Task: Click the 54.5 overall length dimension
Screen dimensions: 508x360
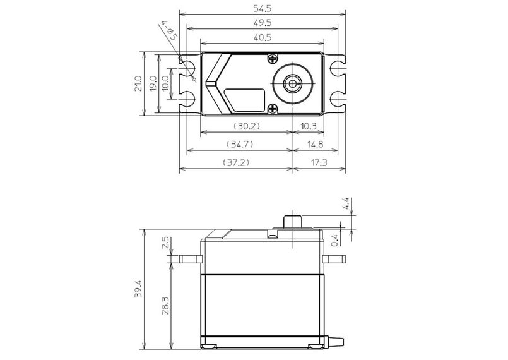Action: [x=262, y=8]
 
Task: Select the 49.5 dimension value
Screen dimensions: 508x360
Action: [x=263, y=23]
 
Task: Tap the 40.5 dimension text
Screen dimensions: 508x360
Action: [x=263, y=38]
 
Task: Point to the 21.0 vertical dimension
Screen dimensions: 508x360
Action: [x=138, y=83]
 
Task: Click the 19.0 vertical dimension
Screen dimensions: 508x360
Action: [x=153, y=83]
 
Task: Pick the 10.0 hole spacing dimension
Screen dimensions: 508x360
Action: [x=165, y=83]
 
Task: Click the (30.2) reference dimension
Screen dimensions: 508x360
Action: [x=247, y=126]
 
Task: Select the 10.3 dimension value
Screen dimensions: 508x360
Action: [x=309, y=126]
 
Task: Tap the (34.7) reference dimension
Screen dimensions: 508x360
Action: [x=240, y=144]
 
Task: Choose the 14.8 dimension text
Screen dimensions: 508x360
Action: [x=316, y=144]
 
